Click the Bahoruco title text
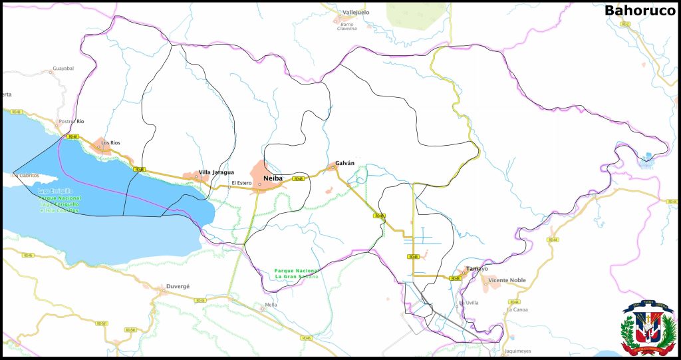point(639,11)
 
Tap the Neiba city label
point(273,178)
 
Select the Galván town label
point(344,163)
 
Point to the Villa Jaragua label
point(216,172)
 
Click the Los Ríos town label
point(110,143)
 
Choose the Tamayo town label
point(477,269)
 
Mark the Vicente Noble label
point(507,280)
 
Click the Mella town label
point(271,305)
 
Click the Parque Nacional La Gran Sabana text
point(297,273)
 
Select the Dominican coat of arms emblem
point(648,328)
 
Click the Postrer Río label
point(71,122)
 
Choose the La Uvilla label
point(468,303)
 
